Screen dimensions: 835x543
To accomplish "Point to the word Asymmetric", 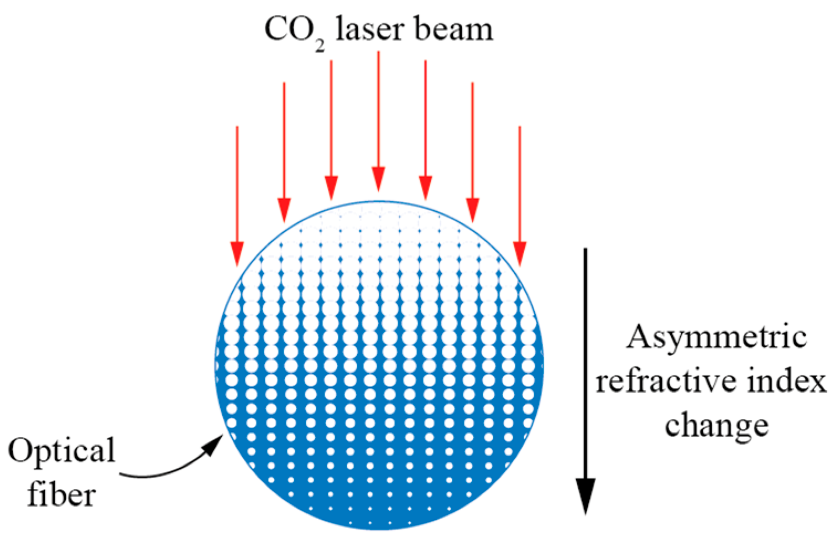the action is pos(716,337).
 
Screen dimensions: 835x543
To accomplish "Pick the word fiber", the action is pos(61,494).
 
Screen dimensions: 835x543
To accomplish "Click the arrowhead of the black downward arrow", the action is pos(586,495).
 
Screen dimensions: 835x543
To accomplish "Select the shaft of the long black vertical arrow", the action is pos(586,359).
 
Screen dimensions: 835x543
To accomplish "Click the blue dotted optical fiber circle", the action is pos(379,387).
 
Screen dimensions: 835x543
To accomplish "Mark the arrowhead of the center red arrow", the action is pos(378,179).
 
